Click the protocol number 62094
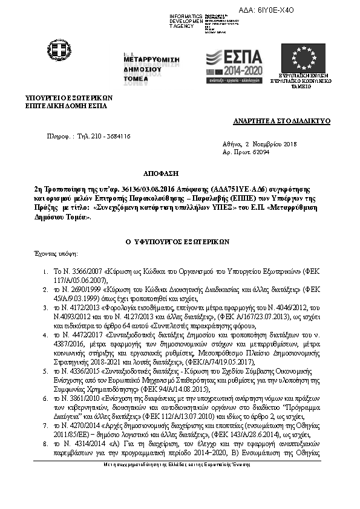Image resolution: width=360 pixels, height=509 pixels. [261, 152]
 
